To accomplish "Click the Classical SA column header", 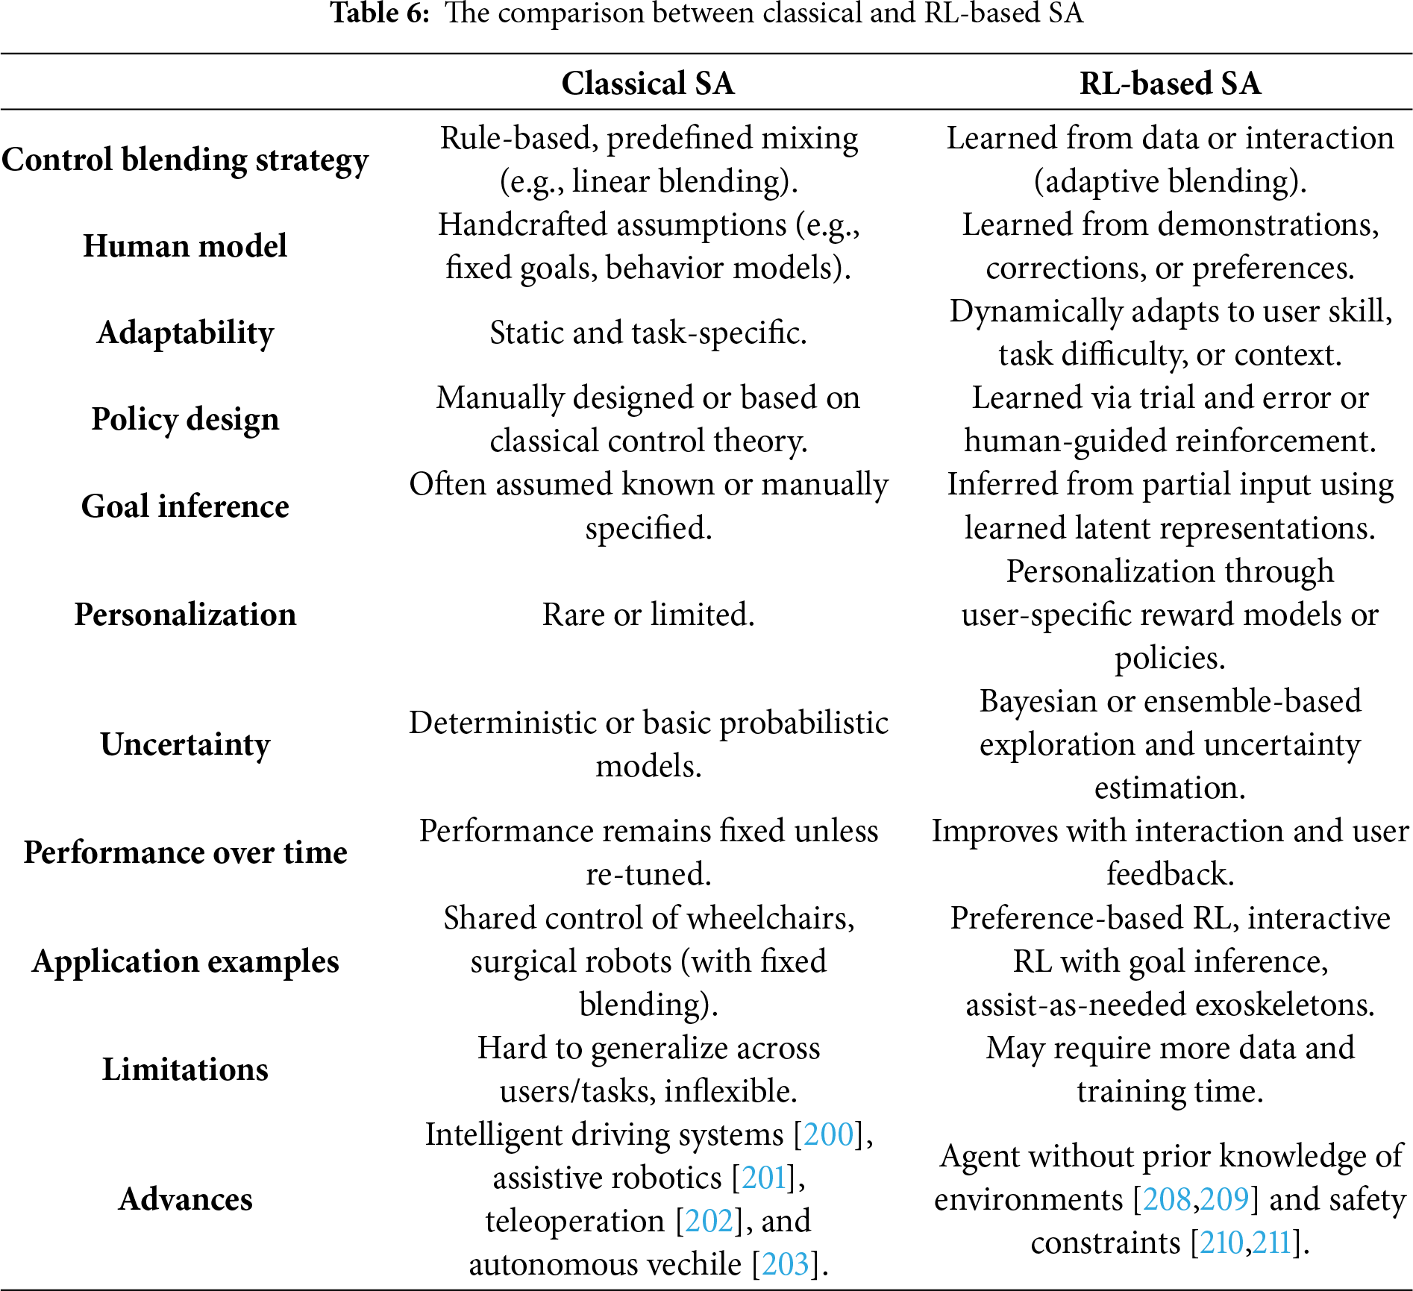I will click(648, 83).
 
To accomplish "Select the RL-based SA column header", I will click(1170, 83).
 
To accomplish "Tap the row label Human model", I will click(185, 245).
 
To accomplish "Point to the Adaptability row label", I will click(185, 333).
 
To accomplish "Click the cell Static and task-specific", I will click(648, 333).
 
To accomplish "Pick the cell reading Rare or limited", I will click(648, 615).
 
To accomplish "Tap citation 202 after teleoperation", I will click(709, 1221).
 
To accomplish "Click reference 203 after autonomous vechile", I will click(785, 1264).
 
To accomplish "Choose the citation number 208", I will click(1167, 1199).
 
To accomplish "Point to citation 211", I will click(1271, 1243).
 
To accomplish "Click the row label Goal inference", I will click(185, 506).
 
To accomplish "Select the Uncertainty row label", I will click(185, 744).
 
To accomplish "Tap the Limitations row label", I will click(185, 1069).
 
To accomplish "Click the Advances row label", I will click(185, 1199).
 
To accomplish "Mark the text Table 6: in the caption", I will click(380, 13).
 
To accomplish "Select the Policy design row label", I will click(185, 419).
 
